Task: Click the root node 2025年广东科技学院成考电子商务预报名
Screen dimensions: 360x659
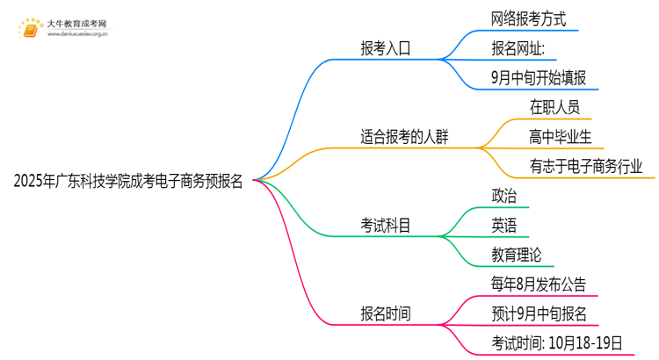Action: [x=129, y=182]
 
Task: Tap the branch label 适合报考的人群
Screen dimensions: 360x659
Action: [x=410, y=137]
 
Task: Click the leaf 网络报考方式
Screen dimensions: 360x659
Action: [x=529, y=18]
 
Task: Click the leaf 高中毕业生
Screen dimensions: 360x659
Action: [x=561, y=136]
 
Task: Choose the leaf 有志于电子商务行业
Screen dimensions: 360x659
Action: [x=586, y=166]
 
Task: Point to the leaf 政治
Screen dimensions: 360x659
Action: [x=504, y=196]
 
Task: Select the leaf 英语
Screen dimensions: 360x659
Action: [x=504, y=226]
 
